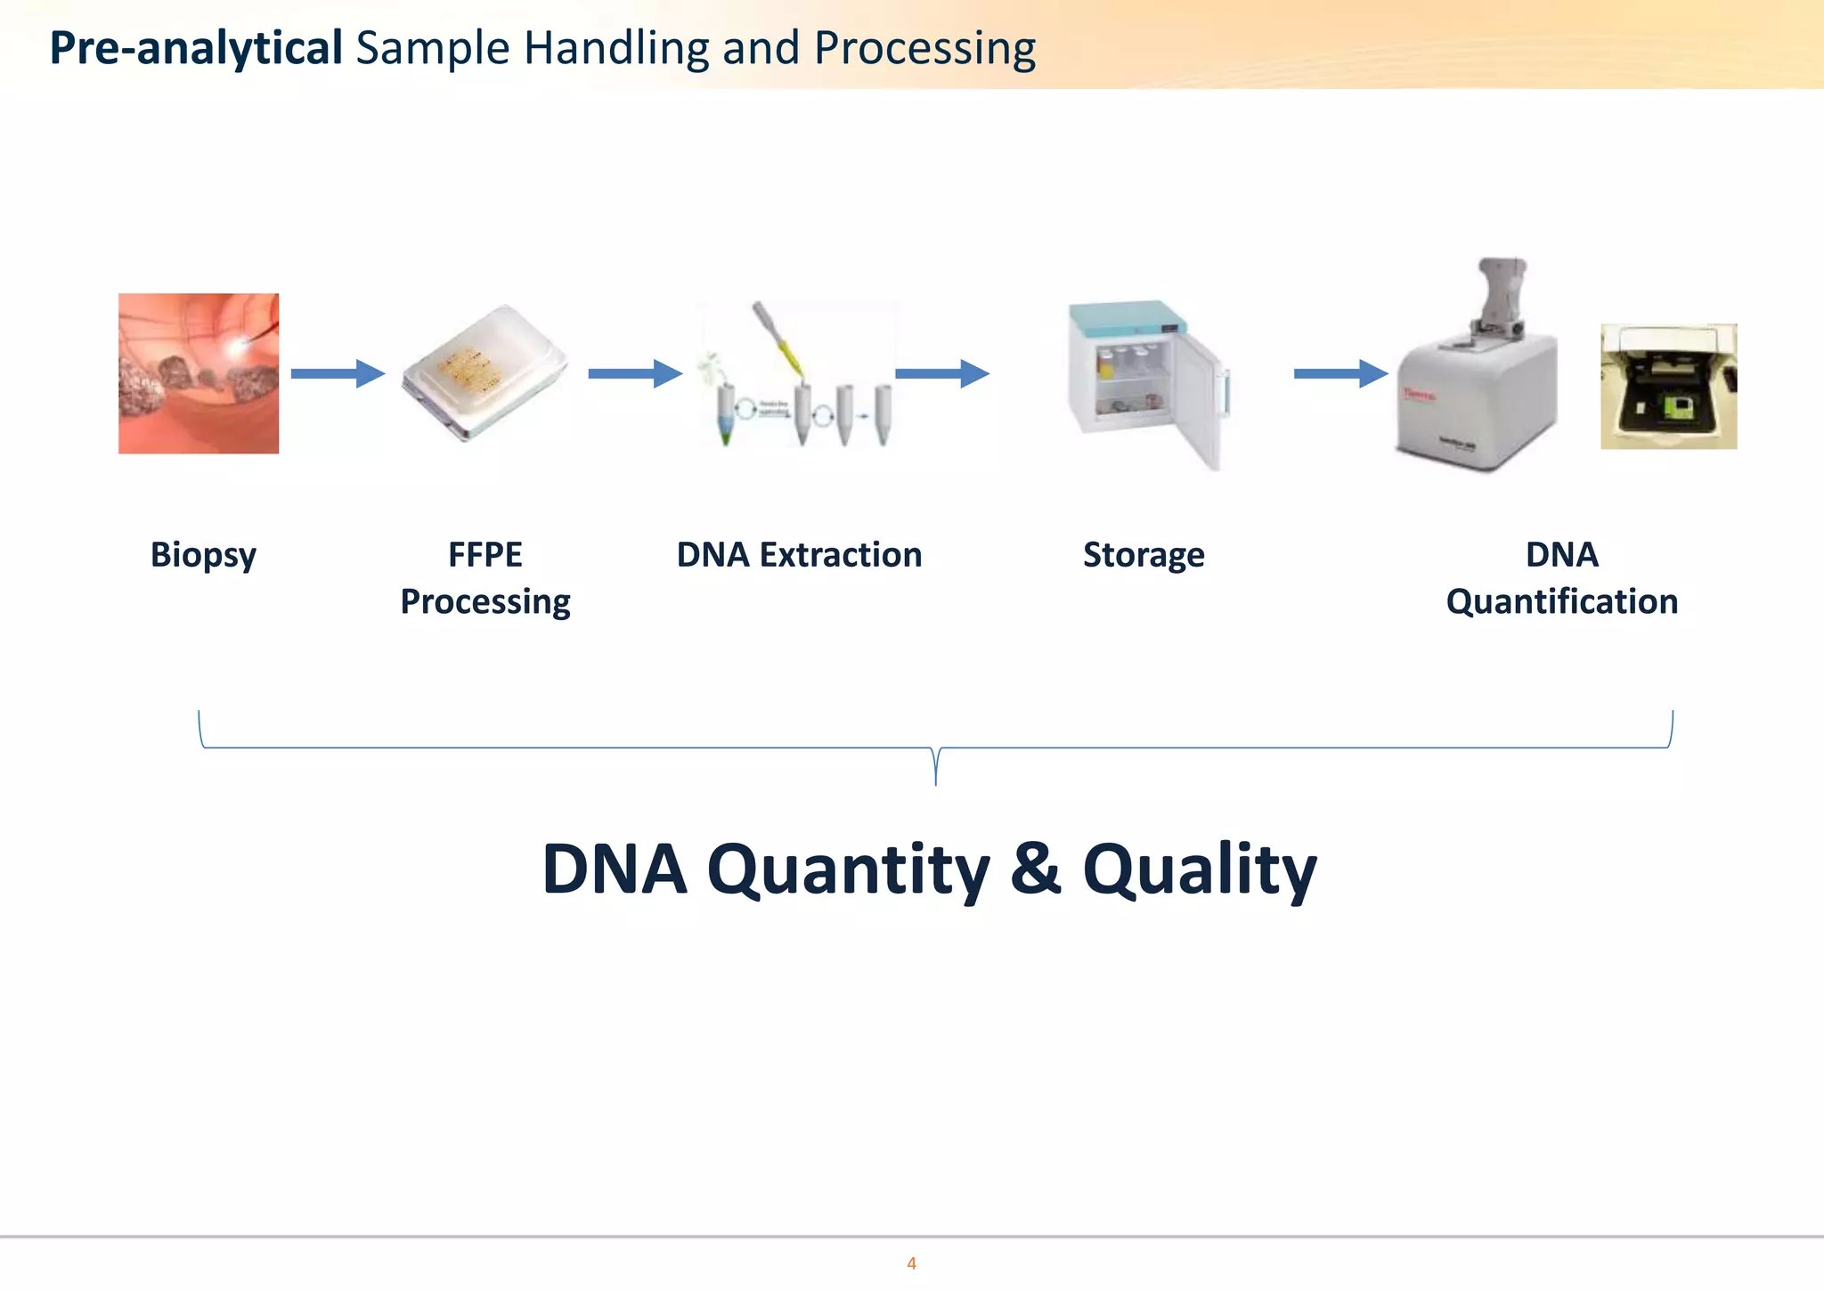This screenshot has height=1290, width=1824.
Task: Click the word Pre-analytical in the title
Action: (x=196, y=48)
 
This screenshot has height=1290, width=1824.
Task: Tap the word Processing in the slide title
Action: (x=924, y=50)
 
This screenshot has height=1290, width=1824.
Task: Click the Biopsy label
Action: (x=203, y=555)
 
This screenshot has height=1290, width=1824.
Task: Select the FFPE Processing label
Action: (x=485, y=577)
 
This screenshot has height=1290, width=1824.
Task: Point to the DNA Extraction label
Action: (x=799, y=555)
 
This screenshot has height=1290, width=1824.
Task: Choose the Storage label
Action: (x=1144, y=555)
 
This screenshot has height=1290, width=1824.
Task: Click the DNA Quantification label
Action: (x=1561, y=577)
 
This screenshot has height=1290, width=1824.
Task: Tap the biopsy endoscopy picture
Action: (x=199, y=373)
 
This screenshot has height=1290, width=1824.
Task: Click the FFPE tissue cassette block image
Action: (x=484, y=374)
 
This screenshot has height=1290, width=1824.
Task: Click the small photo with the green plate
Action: (x=1668, y=387)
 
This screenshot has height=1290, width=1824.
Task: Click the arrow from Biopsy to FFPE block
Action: (x=338, y=373)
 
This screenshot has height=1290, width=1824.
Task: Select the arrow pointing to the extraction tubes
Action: (x=634, y=373)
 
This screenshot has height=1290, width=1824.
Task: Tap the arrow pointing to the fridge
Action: (x=941, y=373)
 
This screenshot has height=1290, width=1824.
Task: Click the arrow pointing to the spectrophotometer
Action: (x=1340, y=373)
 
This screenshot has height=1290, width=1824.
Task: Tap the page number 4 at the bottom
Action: (x=911, y=1263)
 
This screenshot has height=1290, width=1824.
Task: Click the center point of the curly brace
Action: (x=935, y=766)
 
